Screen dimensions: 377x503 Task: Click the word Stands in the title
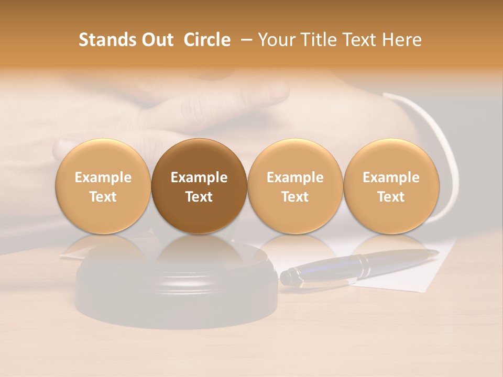tap(107, 40)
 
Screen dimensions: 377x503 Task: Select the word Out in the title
tap(156, 40)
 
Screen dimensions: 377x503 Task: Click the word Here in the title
tap(402, 40)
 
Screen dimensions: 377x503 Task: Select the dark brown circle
tap(199, 186)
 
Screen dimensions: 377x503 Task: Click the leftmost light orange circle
tap(103, 186)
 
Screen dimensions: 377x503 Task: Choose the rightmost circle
tap(391, 186)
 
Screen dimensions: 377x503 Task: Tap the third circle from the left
tap(295, 186)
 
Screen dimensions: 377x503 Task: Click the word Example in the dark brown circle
tap(199, 178)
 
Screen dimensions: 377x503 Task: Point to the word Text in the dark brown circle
tap(199, 197)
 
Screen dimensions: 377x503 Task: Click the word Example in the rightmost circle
tap(391, 178)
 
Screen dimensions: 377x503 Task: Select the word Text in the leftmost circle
tap(103, 197)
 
